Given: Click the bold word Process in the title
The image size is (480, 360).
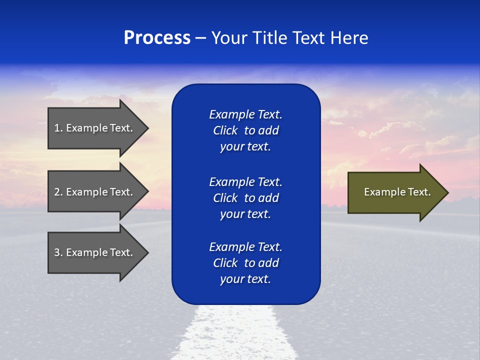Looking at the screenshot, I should [x=157, y=38].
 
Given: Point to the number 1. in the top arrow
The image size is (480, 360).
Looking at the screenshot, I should [x=58, y=128].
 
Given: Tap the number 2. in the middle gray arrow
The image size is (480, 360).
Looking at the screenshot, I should [x=58, y=192].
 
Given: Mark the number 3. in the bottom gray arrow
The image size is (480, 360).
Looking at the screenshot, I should [x=58, y=252].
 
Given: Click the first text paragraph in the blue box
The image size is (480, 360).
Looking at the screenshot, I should [x=245, y=130].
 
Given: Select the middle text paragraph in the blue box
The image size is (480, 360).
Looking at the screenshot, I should [x=245, y=198].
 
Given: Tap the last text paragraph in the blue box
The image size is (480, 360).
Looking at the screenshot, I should [x=245, y=263].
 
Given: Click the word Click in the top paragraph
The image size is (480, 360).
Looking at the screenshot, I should [x=225, y=130].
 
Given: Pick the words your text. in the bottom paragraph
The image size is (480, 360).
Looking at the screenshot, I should [x=245, y=279].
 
